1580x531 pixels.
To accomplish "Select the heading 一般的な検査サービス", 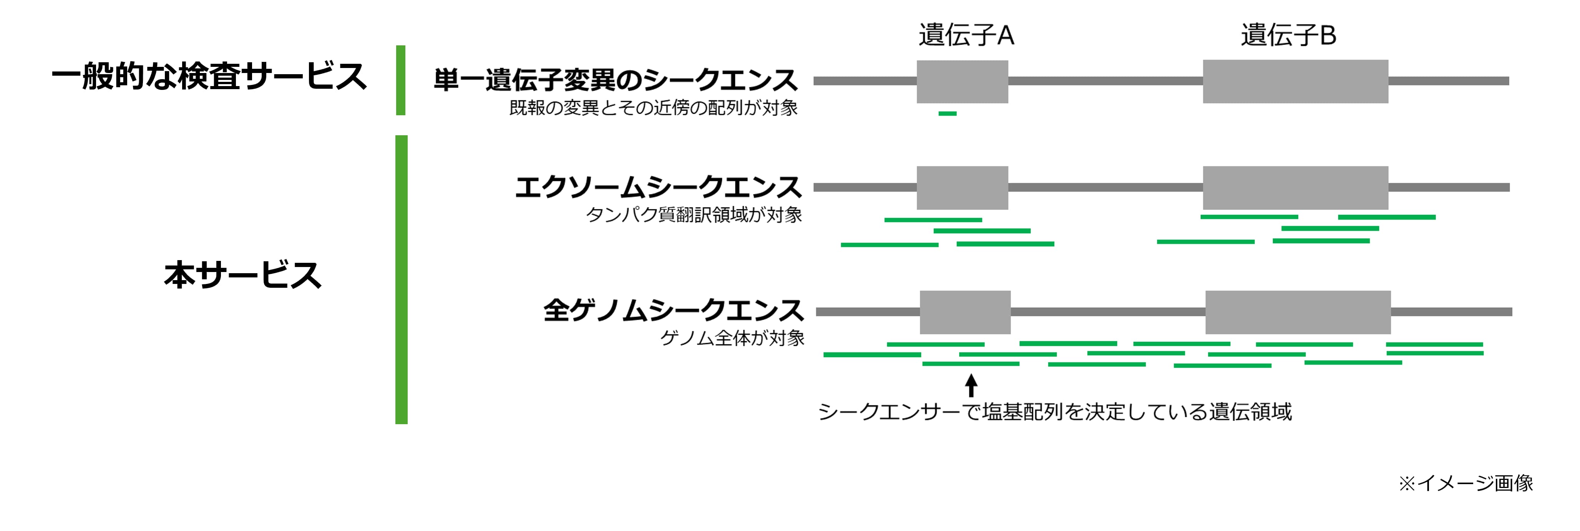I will pos(209,76).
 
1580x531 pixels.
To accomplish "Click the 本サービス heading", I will pos(243,275).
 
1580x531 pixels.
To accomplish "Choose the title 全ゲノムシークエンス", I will pos(673,310).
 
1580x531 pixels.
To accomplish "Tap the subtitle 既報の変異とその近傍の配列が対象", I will pos(653,108).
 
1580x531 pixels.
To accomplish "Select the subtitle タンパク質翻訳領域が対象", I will pos(694,215).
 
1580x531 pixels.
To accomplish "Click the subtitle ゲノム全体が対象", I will pos(732,338).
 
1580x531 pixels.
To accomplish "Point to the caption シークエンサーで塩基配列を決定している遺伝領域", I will pos(1055,412).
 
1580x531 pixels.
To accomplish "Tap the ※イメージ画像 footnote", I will pos(1466,483).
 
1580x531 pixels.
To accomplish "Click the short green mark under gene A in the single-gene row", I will pos(947,113).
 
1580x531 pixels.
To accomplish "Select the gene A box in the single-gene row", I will pos(962,81).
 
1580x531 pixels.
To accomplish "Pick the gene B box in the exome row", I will pos(1295,188).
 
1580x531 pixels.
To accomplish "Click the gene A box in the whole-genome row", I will pos(965,312).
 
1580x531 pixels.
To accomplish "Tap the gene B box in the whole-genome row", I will pos(1298,312).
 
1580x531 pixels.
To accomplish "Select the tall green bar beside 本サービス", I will pos(401,279).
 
